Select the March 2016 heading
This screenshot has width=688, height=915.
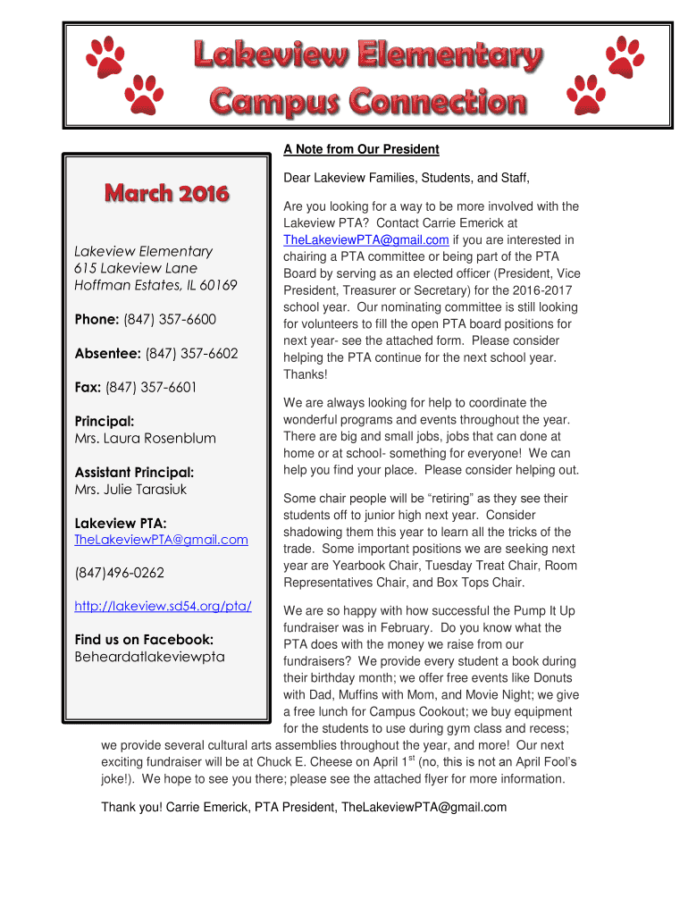(x=166, y=192)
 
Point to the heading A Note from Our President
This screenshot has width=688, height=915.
(x=361, y=149)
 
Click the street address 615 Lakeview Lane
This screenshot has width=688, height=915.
(x=136, y=268)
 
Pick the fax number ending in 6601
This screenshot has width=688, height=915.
(x=151, y=387)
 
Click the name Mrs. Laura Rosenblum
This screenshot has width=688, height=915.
(x=145, y=438)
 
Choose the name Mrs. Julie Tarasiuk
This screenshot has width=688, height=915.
(x=130, y=489)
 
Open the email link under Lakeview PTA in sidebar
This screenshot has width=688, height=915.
(x=161, y=540)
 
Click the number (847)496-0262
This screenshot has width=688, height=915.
(x=119, y=573)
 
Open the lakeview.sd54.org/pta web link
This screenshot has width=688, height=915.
(x=163, y=607)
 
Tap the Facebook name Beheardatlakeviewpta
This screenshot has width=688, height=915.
(x=149, y=657)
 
